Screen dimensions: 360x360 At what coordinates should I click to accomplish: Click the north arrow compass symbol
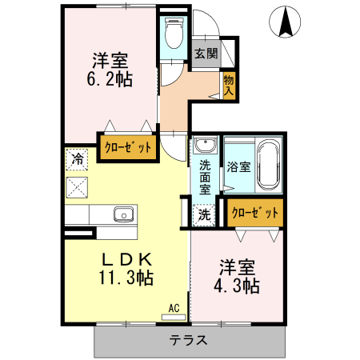(286, 22)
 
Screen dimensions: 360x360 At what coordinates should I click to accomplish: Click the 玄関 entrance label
(206, 54)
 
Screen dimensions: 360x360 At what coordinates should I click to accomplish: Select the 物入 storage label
(229, 85)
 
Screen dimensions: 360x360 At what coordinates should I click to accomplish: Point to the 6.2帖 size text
(110, 79)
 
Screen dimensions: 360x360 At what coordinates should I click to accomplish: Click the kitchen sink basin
(123, 214)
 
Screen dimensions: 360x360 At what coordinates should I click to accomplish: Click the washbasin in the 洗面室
(206, 146)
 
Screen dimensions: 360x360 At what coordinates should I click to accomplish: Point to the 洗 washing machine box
(205, 214)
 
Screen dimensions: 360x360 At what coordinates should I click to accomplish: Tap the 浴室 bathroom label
(238, 167)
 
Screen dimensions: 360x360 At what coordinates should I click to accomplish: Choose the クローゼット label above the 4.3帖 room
(255, 213)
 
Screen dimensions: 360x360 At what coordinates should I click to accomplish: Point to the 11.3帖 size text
(126, 278)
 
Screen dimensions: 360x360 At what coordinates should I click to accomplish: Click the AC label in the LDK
(174, 307)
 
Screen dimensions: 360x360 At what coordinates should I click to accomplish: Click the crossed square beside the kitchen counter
(78, 188)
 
